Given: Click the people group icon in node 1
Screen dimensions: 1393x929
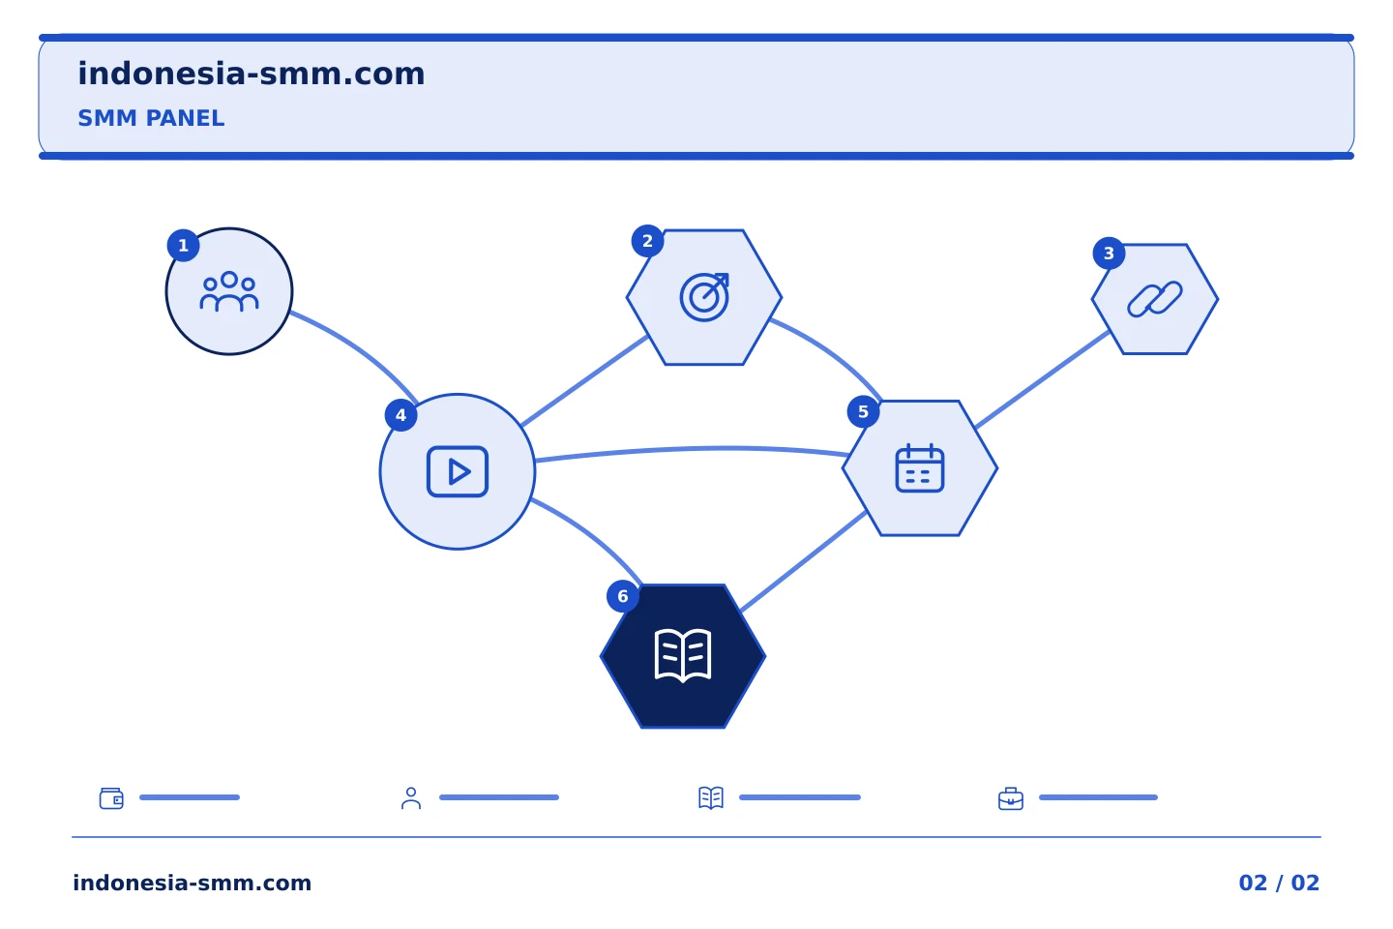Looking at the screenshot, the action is (229, 291).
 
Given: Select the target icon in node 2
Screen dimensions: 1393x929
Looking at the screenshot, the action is (704, 297).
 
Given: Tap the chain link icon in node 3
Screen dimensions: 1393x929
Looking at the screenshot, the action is (1155, 299).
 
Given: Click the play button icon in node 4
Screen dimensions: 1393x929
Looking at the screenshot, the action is (457, 471).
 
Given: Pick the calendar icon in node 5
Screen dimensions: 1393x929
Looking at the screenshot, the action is (920, 468).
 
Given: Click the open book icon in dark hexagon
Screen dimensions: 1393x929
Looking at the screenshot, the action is (683, 656).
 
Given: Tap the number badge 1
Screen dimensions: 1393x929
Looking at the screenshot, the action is (184, 245).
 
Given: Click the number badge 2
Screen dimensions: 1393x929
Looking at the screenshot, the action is (647, 241).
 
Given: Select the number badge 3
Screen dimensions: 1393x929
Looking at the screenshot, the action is (1109, 254).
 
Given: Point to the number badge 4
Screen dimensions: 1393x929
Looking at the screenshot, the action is (401, 415).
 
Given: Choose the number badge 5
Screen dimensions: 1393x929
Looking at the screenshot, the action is (863, 411).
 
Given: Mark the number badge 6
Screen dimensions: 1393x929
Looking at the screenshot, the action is (623, 596).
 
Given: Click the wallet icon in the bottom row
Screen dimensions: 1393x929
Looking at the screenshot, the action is (111, 798).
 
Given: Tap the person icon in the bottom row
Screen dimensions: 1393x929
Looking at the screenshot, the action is (411, 798).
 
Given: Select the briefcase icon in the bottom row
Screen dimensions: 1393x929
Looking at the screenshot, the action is (1011, 798).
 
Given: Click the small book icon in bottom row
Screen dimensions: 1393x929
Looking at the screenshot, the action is (711, 797).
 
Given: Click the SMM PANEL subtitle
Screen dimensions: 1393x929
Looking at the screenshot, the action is (151, 118).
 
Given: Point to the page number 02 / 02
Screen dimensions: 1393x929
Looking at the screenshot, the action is (1279, 883).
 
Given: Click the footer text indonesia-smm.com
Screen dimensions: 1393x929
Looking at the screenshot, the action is (193, 883).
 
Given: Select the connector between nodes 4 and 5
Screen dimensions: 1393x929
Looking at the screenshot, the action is (692, 448).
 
